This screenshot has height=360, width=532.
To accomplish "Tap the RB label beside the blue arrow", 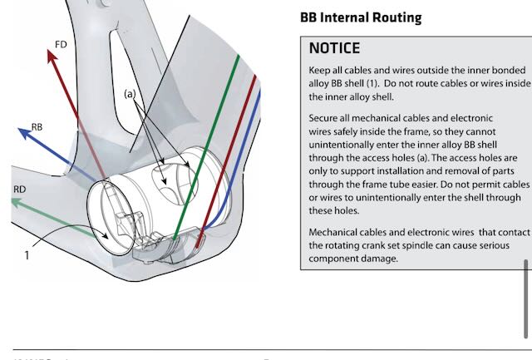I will (x=37, y=126).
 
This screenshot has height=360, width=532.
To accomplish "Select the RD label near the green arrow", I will (x=20, y=190).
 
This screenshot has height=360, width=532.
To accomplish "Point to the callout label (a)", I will (x=130, y=94).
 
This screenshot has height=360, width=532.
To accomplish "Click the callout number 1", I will (x=26, y=255).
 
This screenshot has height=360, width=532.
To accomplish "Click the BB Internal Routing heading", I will (x=360, y=17).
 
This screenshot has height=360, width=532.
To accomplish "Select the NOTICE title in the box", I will (x=334, y=48).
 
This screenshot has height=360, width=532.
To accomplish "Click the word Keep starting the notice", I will (x=321, y=69).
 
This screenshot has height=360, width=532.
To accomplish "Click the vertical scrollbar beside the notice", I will (x=525, y=288).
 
